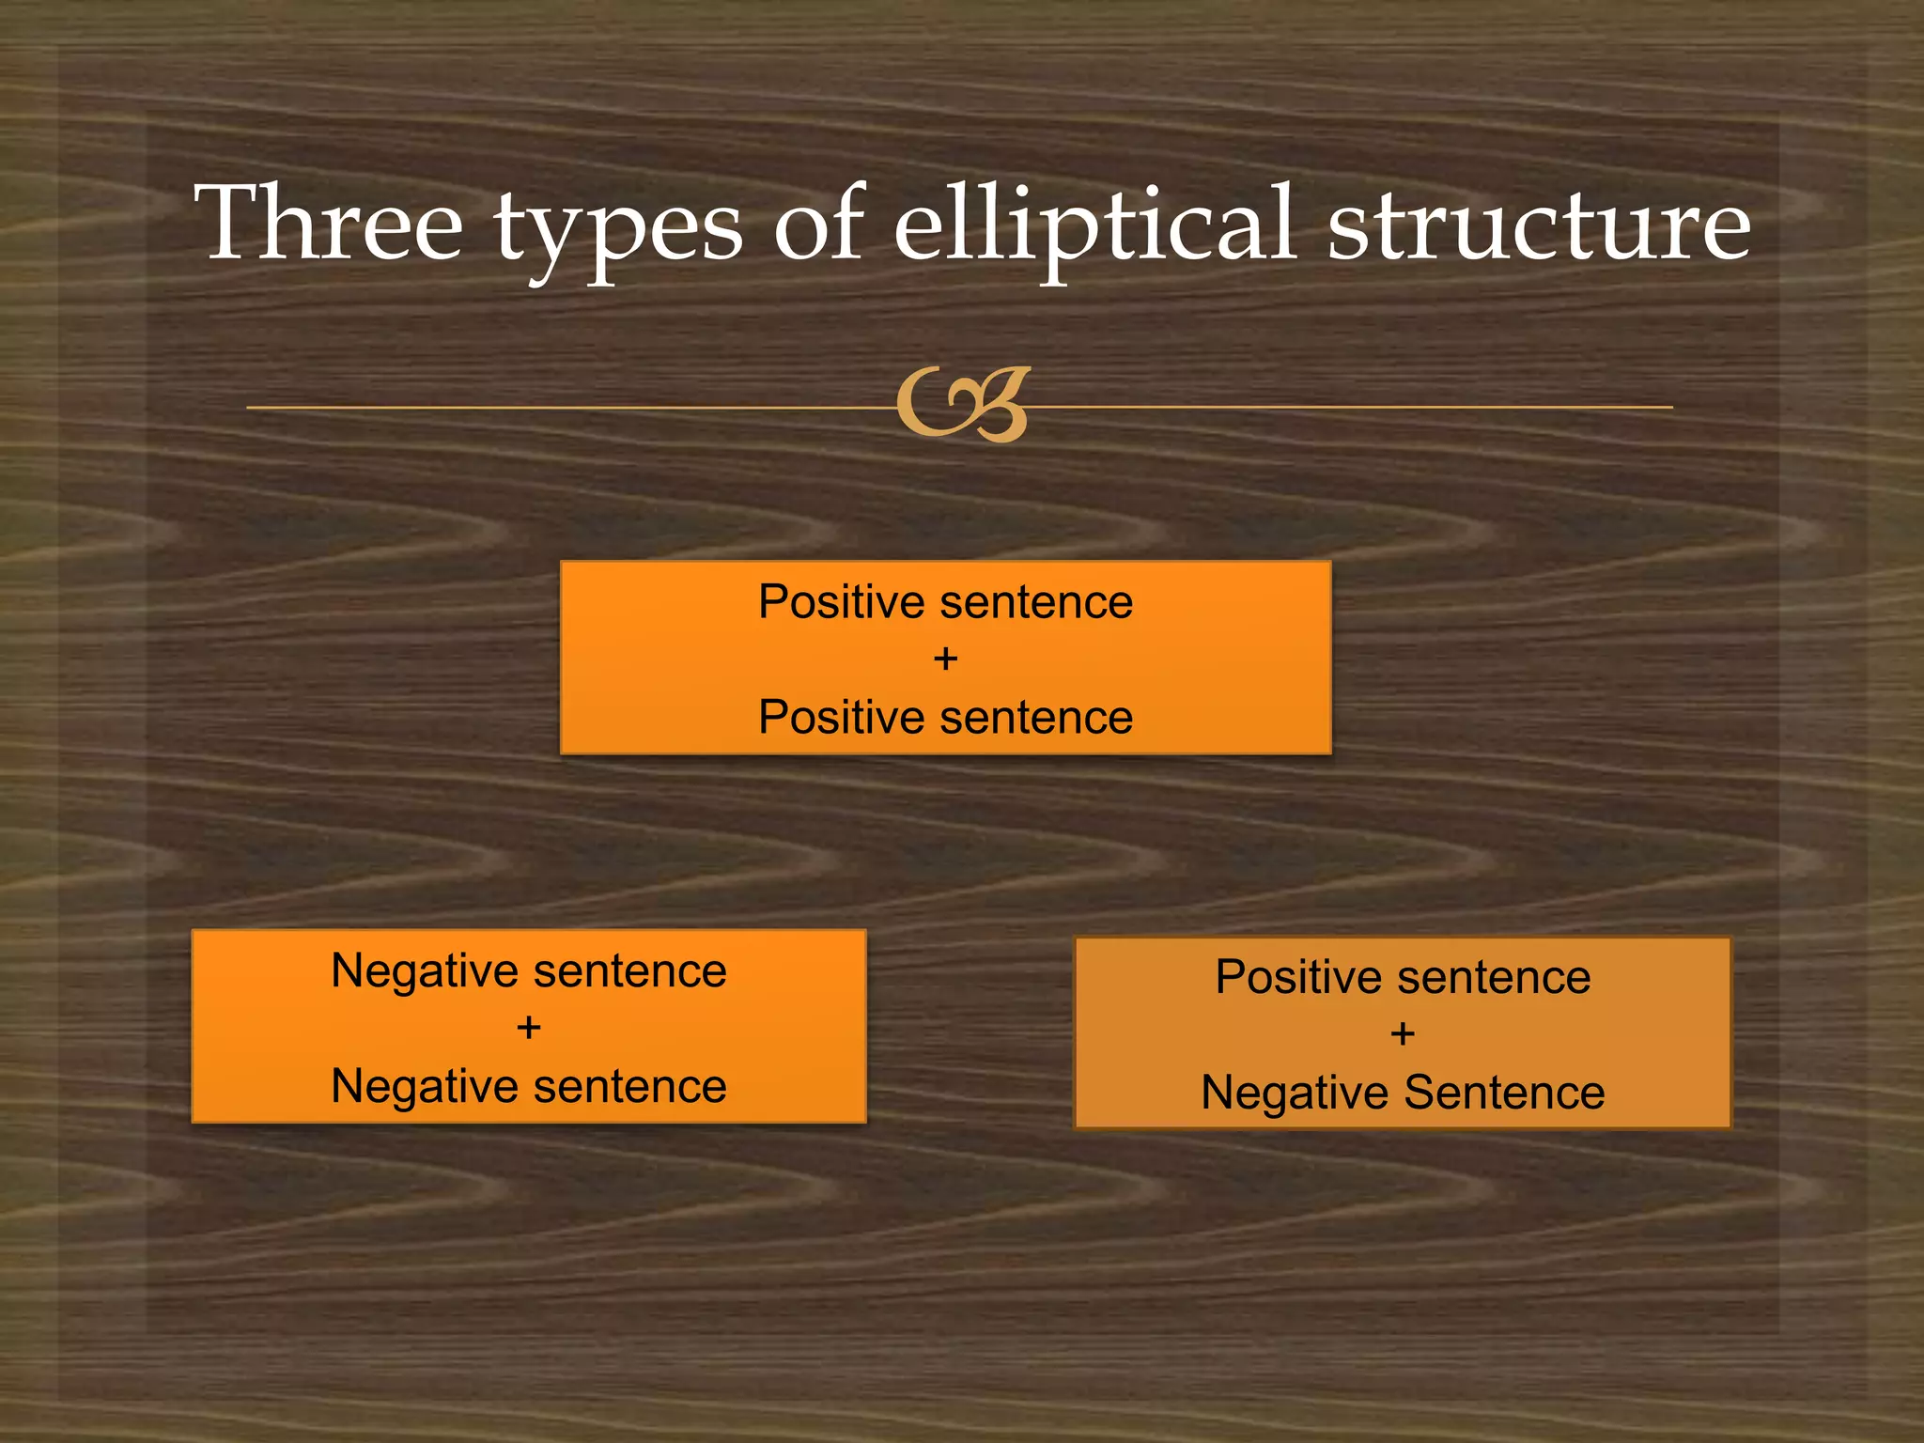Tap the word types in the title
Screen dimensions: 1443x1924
point(619,230)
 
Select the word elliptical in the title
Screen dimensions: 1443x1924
point(1094,225)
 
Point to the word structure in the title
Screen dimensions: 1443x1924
point(1539,225)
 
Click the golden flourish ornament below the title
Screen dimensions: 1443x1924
point(963,406)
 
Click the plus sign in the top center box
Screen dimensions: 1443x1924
point(945,659)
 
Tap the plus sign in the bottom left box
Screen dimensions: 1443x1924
point(528,1028)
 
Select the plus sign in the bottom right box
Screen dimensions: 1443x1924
point(1402,1034)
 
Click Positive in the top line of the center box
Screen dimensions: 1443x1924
point(841,602)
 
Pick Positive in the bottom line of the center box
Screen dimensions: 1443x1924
point(841,718)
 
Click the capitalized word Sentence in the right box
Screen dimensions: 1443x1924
point(1503,1093)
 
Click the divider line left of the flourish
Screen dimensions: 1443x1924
point(564,408)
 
